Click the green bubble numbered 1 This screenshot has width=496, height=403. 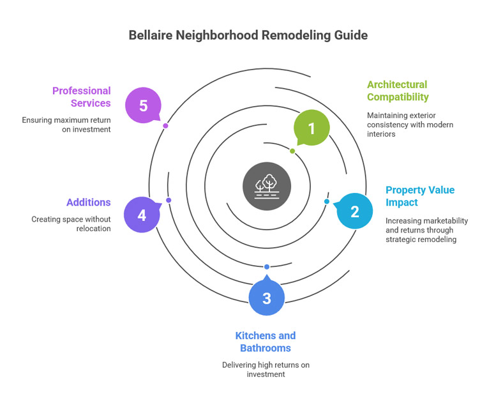coord(312,128)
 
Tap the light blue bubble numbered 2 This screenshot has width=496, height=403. coord(355,211)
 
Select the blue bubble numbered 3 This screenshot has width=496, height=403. coord(267,298)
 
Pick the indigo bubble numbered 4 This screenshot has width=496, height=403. coord(142,215)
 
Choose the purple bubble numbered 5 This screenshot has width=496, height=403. coord(143,105)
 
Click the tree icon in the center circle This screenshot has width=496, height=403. coord(267,186)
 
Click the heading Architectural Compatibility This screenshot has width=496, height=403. coord(397,91)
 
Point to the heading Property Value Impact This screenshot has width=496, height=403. coord(419,196)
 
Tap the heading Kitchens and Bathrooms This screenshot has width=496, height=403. coord(266,342)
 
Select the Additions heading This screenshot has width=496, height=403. coord(89,202)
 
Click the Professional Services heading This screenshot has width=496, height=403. coord(82,97)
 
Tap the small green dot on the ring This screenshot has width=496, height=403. coord(292,151)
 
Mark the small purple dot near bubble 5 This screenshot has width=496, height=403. coord(165,126)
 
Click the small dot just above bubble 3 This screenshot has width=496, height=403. coord(267,267)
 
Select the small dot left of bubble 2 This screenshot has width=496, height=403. coord(327,202)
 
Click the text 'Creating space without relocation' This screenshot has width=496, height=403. coord(71,224)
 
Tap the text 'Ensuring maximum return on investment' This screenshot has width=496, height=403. coord(66,125)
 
